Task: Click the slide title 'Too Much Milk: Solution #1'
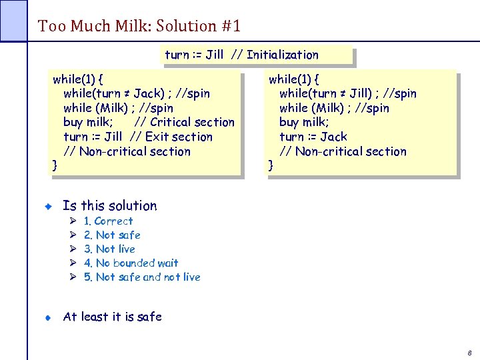coord(139,26)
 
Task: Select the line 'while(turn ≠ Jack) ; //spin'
coord(136,93)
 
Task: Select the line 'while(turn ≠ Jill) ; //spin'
coord(347,93)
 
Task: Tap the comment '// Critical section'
coord(184,122)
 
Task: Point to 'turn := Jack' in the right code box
coord(313,137)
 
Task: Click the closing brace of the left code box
coord(55,165)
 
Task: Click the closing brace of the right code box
coord(271,165)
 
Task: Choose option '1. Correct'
coord(108,221)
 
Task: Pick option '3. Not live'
coord(109,249)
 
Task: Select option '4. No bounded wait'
coord(131,263)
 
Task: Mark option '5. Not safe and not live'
coord(141,277)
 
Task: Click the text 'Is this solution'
coord(109,205)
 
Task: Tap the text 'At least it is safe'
coord(112,317)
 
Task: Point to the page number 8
coord(469,351)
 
